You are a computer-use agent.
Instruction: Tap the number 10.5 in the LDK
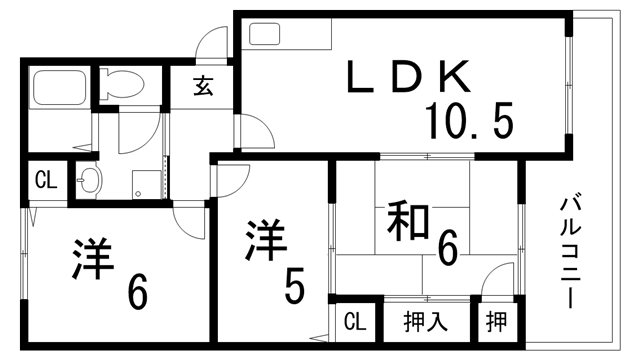point(469,122)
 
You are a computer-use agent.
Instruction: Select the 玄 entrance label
point(202,86)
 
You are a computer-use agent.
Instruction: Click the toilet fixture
point(122,83)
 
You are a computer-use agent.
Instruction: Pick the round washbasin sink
point(89,181)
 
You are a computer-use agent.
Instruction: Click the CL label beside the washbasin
point(45,181)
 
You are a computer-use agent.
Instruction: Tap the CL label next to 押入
point(354,324)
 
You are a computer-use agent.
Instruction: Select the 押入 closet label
point(425,324)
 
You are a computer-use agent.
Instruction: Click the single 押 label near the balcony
point(496,324)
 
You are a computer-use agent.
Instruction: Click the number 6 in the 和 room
point(447,247)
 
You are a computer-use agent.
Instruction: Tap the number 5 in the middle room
point(293,286)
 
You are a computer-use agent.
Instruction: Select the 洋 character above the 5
point(266,241)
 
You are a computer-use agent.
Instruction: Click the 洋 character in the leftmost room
point(93,258)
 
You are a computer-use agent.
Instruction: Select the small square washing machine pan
point(146,181)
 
